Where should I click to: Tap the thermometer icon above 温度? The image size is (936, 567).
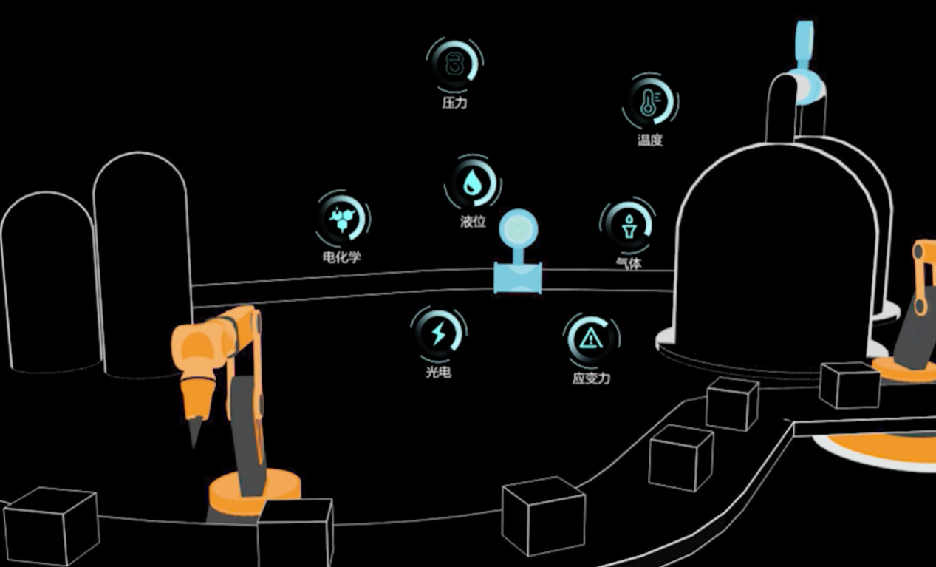[x=649, y=101]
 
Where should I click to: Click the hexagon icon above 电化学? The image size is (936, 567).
[x=343, y=220]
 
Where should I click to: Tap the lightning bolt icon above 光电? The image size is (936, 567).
[x=439, y=333]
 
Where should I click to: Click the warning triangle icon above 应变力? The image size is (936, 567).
[x=590, y=339]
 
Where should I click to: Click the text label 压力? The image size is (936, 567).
[x=454, y=103]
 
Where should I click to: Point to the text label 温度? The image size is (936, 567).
[x=650, y=140]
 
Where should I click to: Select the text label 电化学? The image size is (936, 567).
[x=342, y=257]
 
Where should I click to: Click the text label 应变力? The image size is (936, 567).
[x=591, y=378]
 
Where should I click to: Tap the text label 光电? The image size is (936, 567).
[x=438, y=372]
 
